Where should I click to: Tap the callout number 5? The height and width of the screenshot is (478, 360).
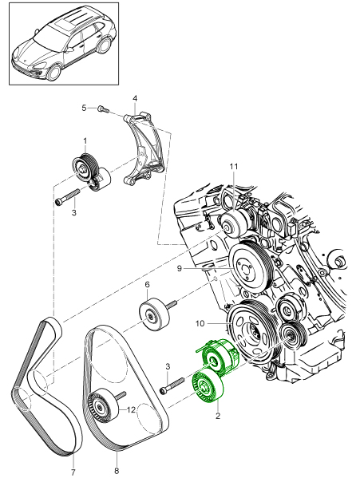click(x=83, y=107)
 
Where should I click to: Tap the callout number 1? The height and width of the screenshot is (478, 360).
click(x=84, y=141)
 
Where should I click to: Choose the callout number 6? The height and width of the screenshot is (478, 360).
click(x=147, y=284)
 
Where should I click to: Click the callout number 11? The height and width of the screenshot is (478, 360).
click(x=234, y=166)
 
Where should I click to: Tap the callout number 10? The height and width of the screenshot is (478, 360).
click(x=201, y=324)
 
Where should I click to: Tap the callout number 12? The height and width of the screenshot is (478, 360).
click(x=131, y=409)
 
